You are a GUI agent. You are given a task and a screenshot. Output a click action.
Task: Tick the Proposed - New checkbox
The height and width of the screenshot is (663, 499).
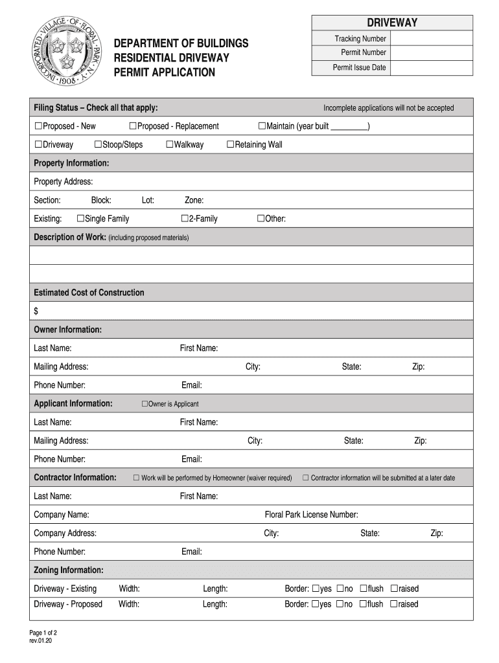38,126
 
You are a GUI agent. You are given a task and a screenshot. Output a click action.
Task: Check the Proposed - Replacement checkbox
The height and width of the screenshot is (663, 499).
133,126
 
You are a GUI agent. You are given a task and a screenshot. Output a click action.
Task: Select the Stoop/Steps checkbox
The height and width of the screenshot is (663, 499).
98,144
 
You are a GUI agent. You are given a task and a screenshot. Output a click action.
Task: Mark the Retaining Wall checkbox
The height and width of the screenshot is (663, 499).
230,144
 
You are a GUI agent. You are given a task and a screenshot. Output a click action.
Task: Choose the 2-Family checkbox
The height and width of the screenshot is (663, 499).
185,219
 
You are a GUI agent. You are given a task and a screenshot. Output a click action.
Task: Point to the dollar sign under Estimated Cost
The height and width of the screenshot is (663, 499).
36,311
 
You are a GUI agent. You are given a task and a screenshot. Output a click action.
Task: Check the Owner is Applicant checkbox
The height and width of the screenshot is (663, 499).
145,404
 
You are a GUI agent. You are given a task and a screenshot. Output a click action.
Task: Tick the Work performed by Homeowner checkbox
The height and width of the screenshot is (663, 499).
137,478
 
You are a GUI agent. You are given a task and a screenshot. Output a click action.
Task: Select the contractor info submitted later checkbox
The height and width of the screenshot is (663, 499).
306,478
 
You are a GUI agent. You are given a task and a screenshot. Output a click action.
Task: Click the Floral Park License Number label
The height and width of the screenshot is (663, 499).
311,515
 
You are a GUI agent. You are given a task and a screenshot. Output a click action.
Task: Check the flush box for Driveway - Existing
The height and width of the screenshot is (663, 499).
364,589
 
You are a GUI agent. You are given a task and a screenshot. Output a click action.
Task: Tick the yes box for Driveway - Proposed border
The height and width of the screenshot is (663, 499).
316,604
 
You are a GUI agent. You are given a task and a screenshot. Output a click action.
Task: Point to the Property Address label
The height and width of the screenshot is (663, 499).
63,181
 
